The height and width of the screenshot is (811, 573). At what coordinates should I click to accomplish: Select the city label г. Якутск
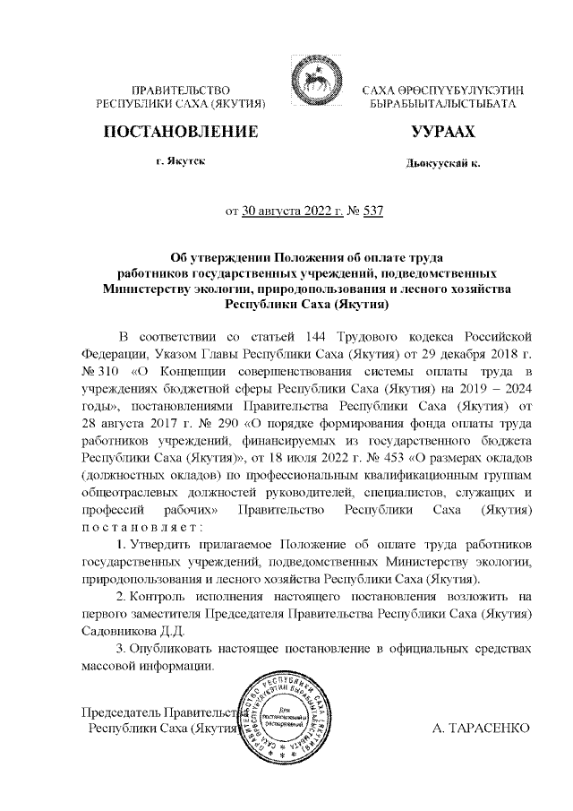[180, 160]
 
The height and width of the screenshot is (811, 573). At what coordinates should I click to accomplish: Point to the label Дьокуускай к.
[442, 164]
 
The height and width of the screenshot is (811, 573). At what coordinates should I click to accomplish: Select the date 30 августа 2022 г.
[293, 212]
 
